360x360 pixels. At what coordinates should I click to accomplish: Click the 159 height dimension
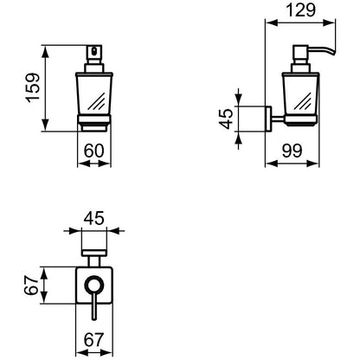pos(33,88)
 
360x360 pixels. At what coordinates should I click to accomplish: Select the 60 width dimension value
pos(93,151)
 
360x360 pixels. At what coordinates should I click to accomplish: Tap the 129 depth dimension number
pos(300,10)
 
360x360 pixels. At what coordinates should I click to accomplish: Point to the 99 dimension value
pos(292,151)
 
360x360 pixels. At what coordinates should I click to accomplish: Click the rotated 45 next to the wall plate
pos(226,119)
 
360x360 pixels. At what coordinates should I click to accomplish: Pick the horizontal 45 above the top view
pos(93,218)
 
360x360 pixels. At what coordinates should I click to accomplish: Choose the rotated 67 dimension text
pos(31,286)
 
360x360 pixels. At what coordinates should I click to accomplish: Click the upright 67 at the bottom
pos(93,340)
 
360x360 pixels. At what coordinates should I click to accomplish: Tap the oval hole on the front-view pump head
pos(94,51)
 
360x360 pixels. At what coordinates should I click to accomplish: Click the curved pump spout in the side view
pos(323,51)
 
